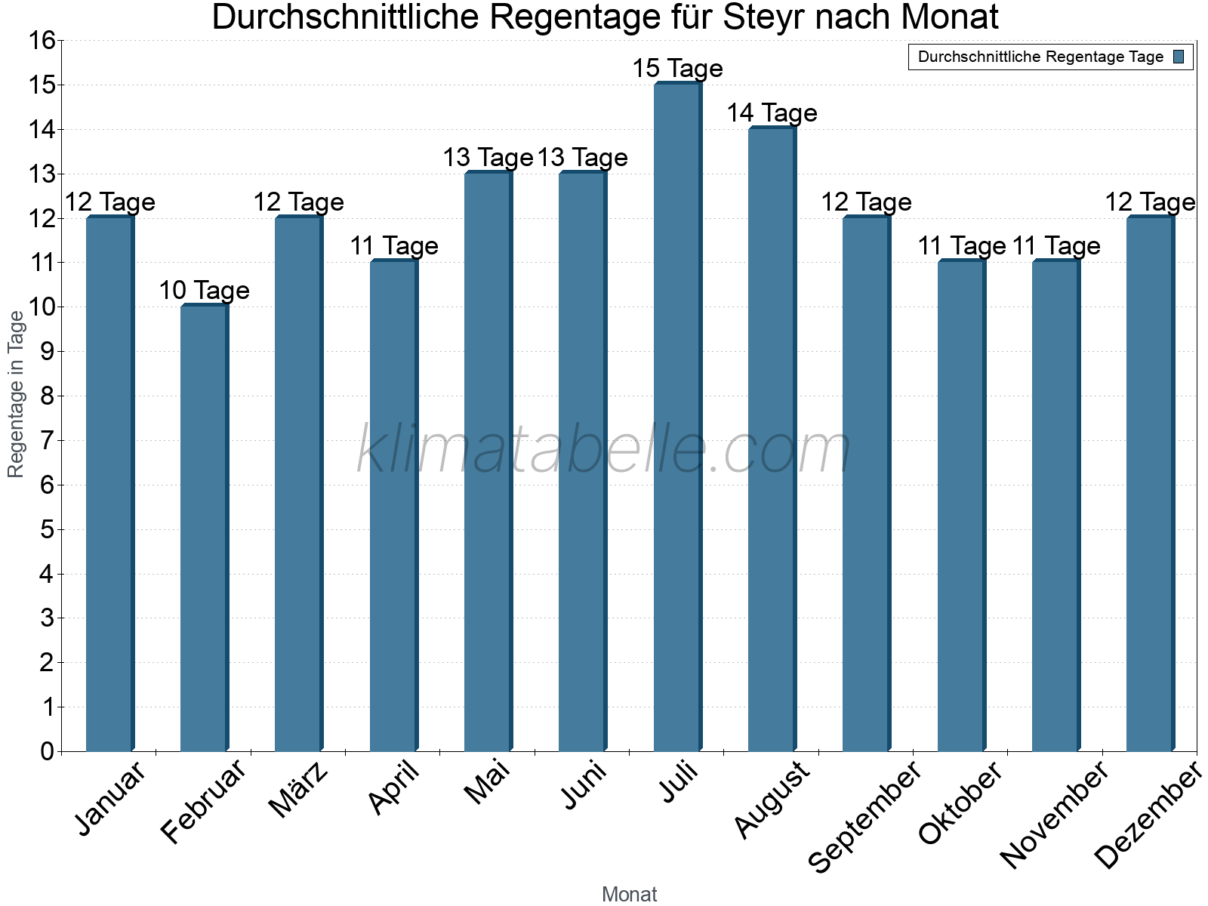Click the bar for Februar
pos(204,528)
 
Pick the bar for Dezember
pos(1150,483)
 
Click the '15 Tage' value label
pos(677,69)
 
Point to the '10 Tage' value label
pos(204,291)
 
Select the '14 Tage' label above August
pos(772,113)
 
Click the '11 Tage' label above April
pos(393,246)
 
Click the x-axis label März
pos(299,790)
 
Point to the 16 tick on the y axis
pos(44,41)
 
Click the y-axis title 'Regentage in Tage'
pos(17,394)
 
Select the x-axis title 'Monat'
pos(629,895)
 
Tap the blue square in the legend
pos(1179,57)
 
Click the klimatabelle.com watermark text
pos(604,450)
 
